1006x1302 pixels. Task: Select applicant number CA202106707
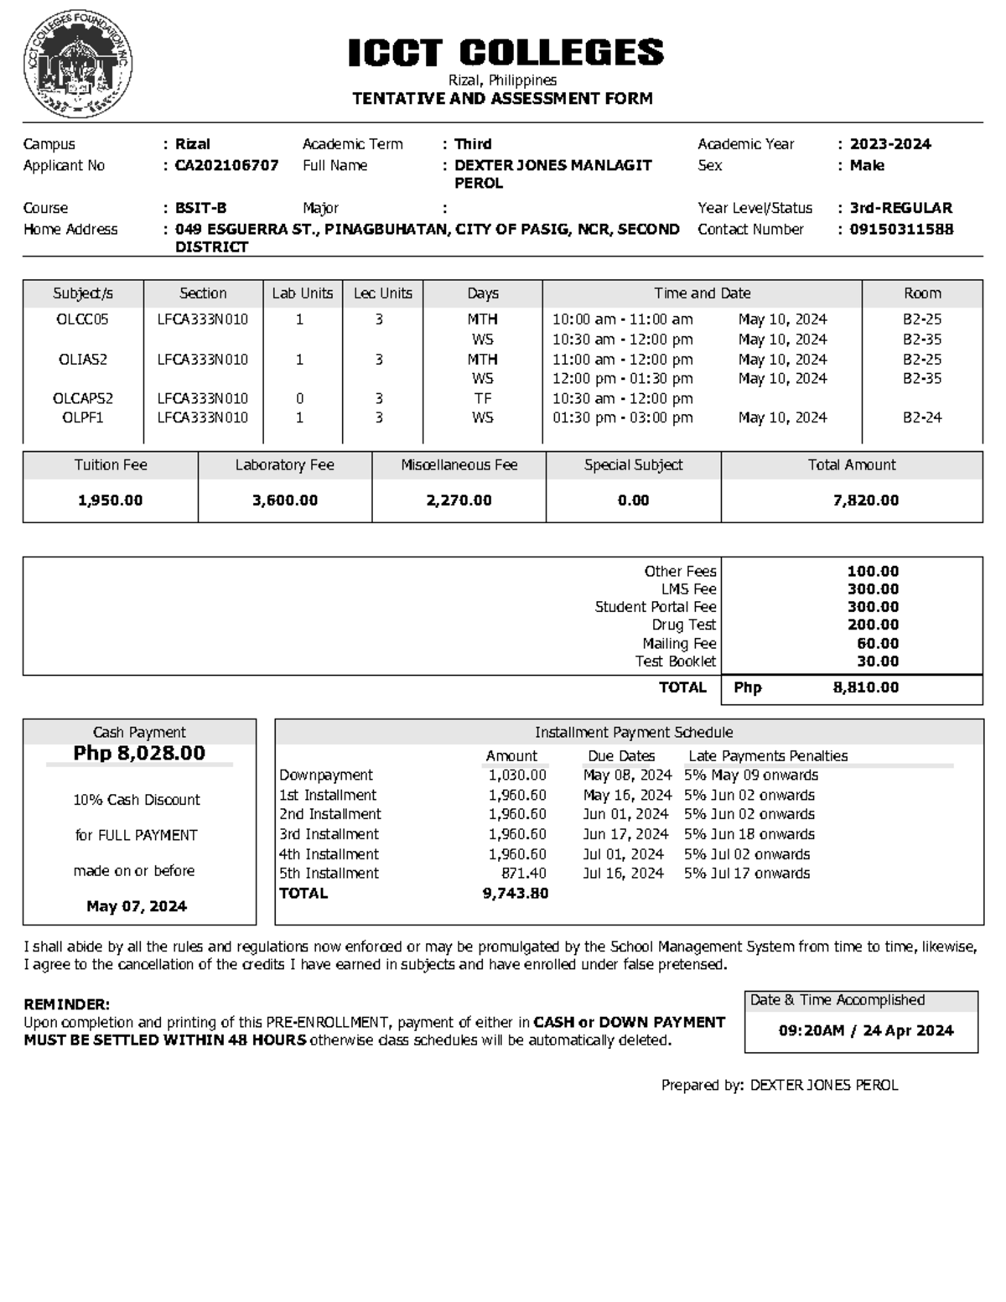[226, 165]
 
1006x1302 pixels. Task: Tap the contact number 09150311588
[901, 229]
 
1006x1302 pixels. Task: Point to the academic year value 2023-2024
[890, 144]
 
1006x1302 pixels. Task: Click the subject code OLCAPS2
[82, 398]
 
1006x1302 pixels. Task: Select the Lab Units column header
[302, 293]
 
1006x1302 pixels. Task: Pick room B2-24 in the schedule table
[921, 418]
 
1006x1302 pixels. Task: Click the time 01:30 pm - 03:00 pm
[622, 418]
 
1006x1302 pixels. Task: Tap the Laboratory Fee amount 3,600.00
[285, 501]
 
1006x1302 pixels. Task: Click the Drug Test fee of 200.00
[873, 625]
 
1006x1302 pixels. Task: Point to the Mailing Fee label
[679, 643]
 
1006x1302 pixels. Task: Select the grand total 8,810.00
[865, 687]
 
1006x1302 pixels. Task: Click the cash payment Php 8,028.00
[139, 753]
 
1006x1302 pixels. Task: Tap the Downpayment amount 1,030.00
[517, 775]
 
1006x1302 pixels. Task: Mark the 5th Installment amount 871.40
[524, 873]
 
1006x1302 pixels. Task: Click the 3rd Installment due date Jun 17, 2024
[625, 834]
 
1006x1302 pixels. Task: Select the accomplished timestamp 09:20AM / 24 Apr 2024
[865, 1030]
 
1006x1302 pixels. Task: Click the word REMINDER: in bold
[66, 1004]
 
